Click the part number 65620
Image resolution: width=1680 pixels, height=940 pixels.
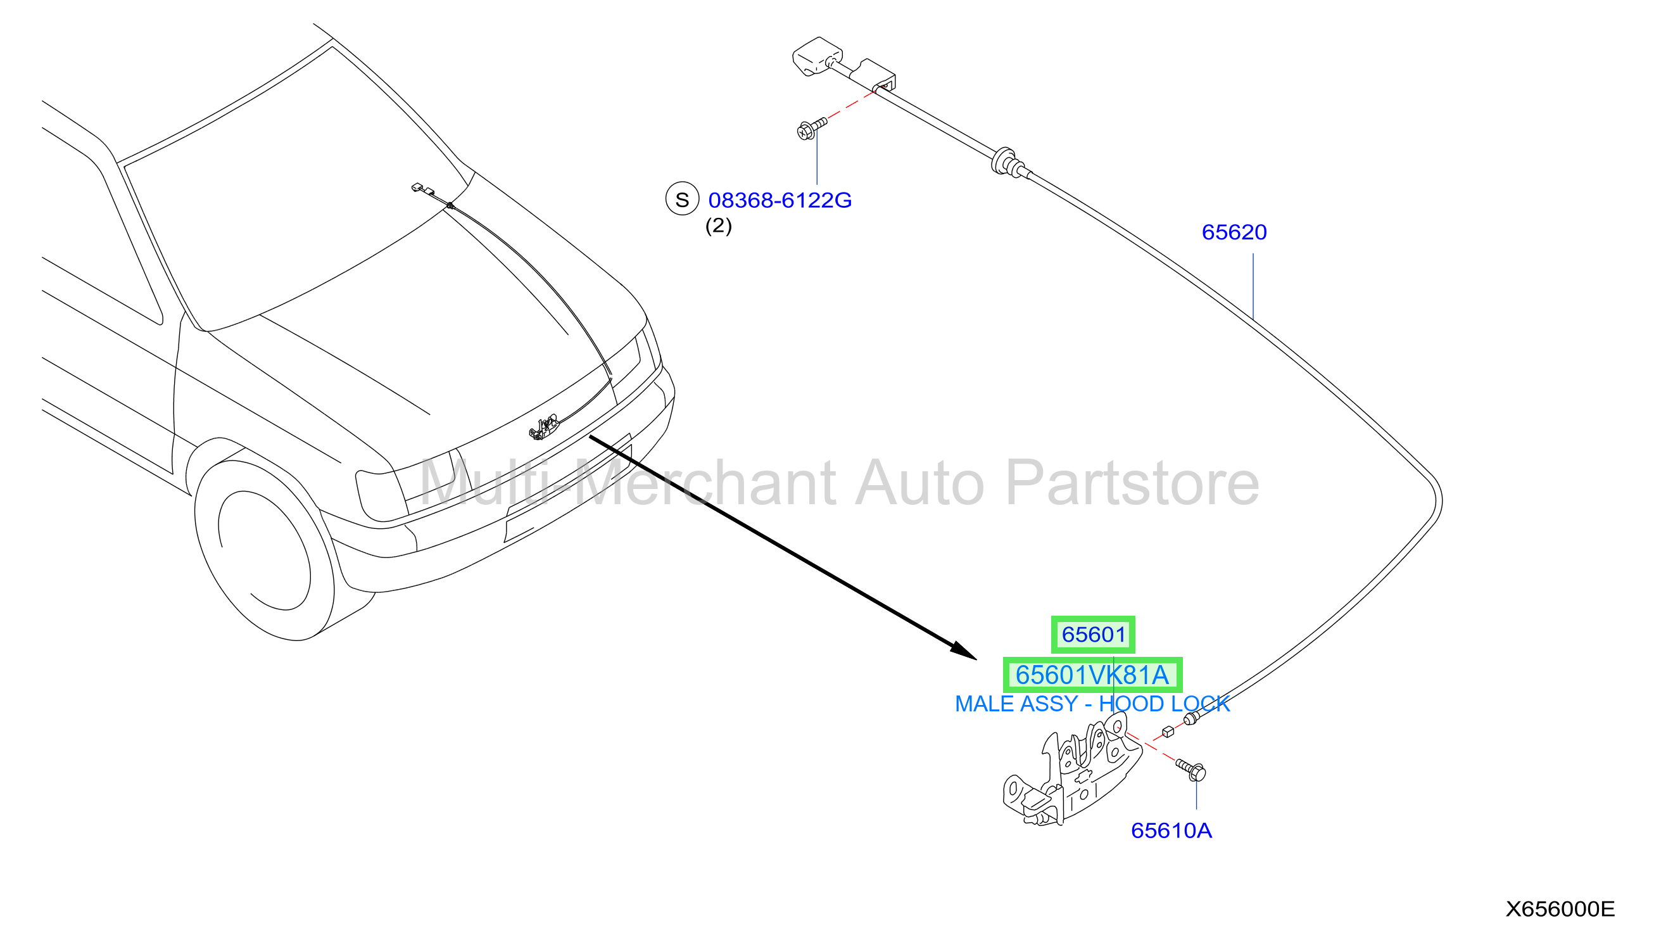[1234, 232]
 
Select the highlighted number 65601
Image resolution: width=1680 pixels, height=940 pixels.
[1093, 634]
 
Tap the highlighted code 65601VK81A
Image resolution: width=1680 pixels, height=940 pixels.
[1092, 675]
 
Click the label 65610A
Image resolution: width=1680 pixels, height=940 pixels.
[1172, 830]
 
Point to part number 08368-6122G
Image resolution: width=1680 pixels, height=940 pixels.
[780, 200]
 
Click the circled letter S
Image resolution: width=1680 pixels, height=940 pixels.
[681, 199]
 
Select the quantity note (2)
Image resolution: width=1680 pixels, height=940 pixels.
[718, 225]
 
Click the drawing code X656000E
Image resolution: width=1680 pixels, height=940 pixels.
[1560, 909]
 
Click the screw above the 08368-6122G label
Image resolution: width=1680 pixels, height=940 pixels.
[811, 128]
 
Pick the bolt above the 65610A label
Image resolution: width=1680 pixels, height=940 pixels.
[1191, 769]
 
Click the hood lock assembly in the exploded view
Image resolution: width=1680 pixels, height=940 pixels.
[1071, 773]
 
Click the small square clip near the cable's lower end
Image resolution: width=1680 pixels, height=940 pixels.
[1168, 732]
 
